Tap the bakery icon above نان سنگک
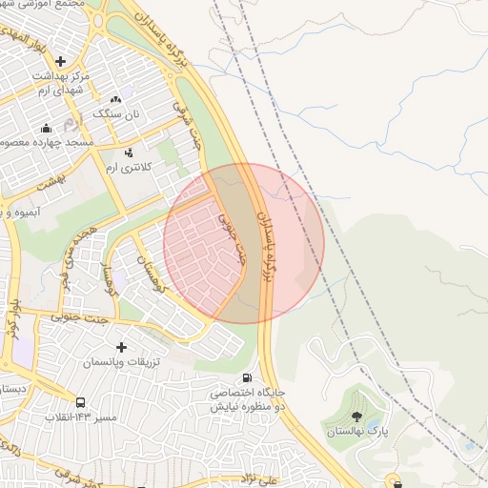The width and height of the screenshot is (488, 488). (116, 98)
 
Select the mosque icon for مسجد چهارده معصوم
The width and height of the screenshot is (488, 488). (45, 128)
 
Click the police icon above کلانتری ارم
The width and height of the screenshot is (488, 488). (129, 152)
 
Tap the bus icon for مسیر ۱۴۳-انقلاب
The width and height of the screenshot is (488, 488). (80, 402)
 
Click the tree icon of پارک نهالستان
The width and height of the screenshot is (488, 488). (356, 416)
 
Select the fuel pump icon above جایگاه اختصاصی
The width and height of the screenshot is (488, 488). (249, 376)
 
